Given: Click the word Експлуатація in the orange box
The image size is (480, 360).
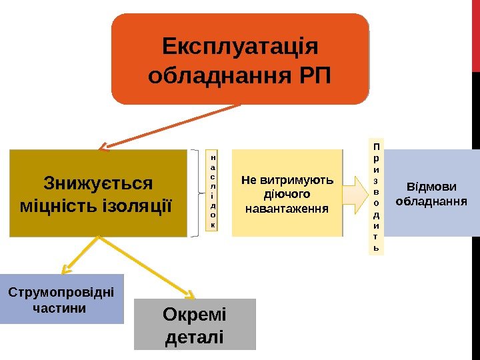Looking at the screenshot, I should (x=240, y=48).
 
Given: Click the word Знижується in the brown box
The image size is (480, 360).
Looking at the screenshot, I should (x=98, y=182).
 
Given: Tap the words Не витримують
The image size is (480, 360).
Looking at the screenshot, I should (x=287, y=180).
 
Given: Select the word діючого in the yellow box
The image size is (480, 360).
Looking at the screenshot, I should (x=287, y=195).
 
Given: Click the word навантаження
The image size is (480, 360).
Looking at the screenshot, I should (x=287, y=209).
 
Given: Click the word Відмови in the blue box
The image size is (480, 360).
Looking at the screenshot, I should (x=431, y=186).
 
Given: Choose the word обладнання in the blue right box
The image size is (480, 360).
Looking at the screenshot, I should (x=431, y=201).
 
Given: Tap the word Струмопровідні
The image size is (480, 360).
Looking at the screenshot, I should (x=61, y=292).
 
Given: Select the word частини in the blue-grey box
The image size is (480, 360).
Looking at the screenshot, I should (x=59, y=308).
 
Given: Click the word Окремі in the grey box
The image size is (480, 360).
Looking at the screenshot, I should (x=195, y=315).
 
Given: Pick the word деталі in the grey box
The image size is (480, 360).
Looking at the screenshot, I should (x=195, y=337).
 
